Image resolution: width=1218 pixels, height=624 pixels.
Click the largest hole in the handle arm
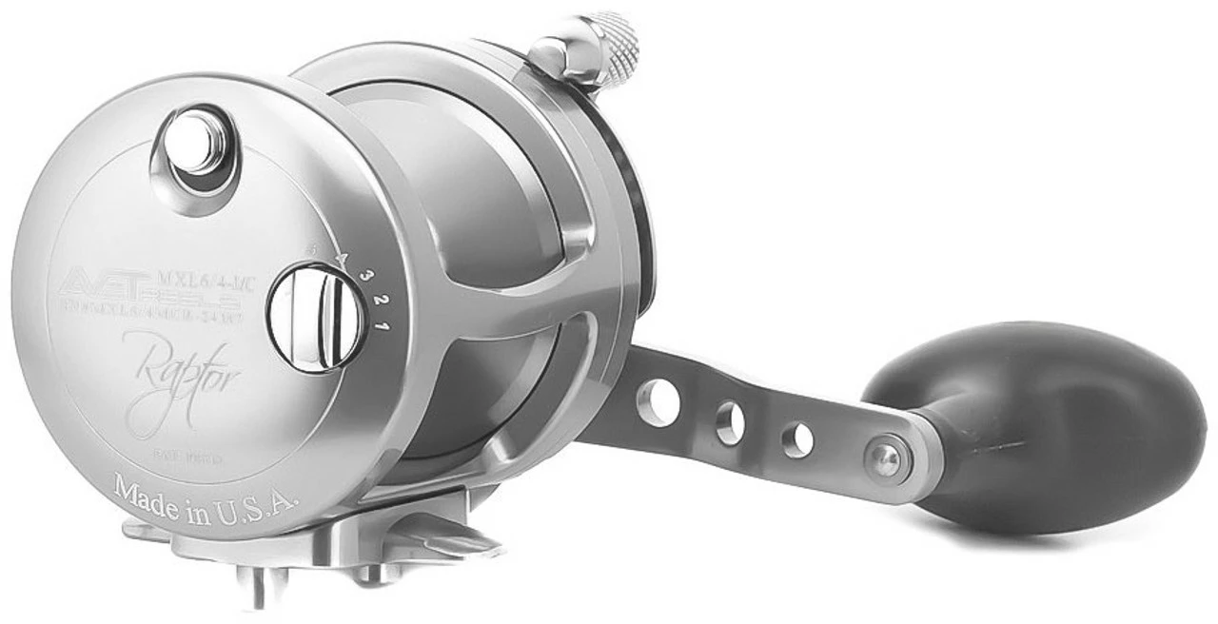(x=658, y=400)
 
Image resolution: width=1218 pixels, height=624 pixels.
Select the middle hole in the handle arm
(x=730, y=421)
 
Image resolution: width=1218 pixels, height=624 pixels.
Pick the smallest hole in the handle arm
(x=797, y=439)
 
